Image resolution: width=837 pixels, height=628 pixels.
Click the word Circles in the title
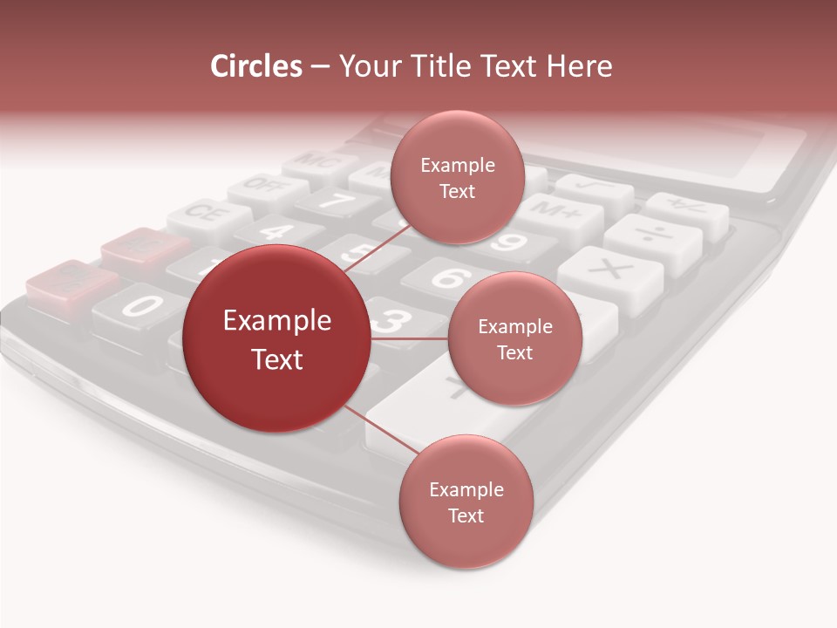tap(255, 66)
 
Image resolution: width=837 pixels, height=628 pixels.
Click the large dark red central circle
tap(276, 339)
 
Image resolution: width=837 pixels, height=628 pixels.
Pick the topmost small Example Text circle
tap(457, 177)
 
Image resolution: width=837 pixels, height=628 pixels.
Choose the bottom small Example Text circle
tap(466, 502)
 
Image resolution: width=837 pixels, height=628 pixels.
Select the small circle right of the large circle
tap(514, 338)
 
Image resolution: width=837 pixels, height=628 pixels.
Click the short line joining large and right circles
tap(408, 338)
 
